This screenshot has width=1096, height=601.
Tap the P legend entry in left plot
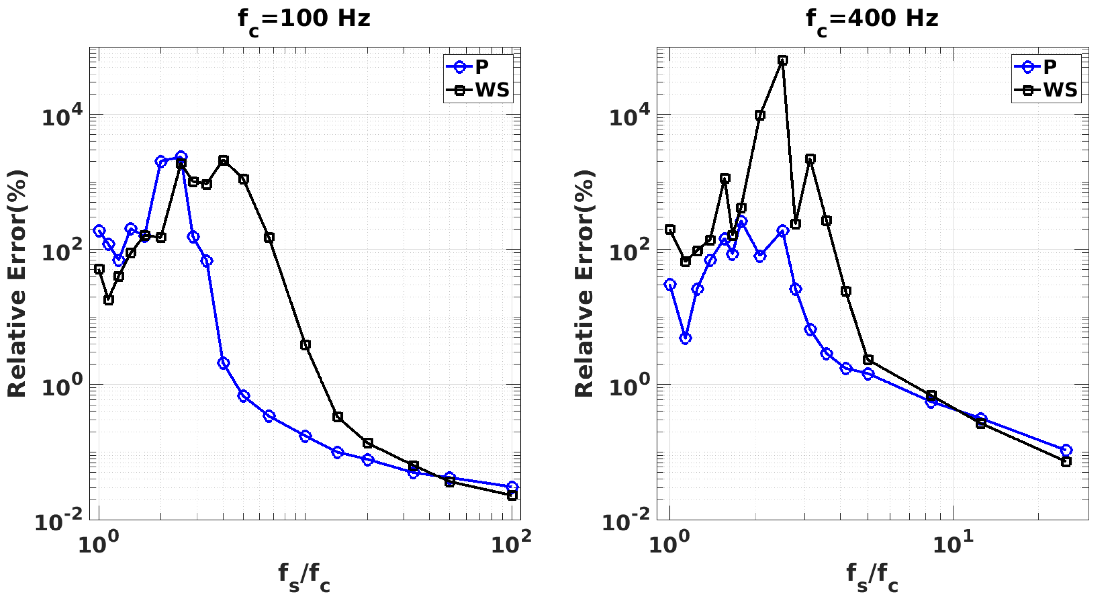pos(481,67)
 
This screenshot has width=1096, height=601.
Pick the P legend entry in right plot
pos(1049,67)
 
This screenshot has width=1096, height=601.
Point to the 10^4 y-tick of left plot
pos(62,116)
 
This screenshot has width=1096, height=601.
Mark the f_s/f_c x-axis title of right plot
pos(872,577)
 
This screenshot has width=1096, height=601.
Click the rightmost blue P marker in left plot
pos(512,487)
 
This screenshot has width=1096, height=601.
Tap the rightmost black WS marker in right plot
pos(1066,462)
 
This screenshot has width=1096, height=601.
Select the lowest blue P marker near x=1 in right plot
pos(685,338)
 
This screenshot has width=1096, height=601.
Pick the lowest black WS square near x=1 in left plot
pos(108,300)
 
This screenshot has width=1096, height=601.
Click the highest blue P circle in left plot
pos(181,156)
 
